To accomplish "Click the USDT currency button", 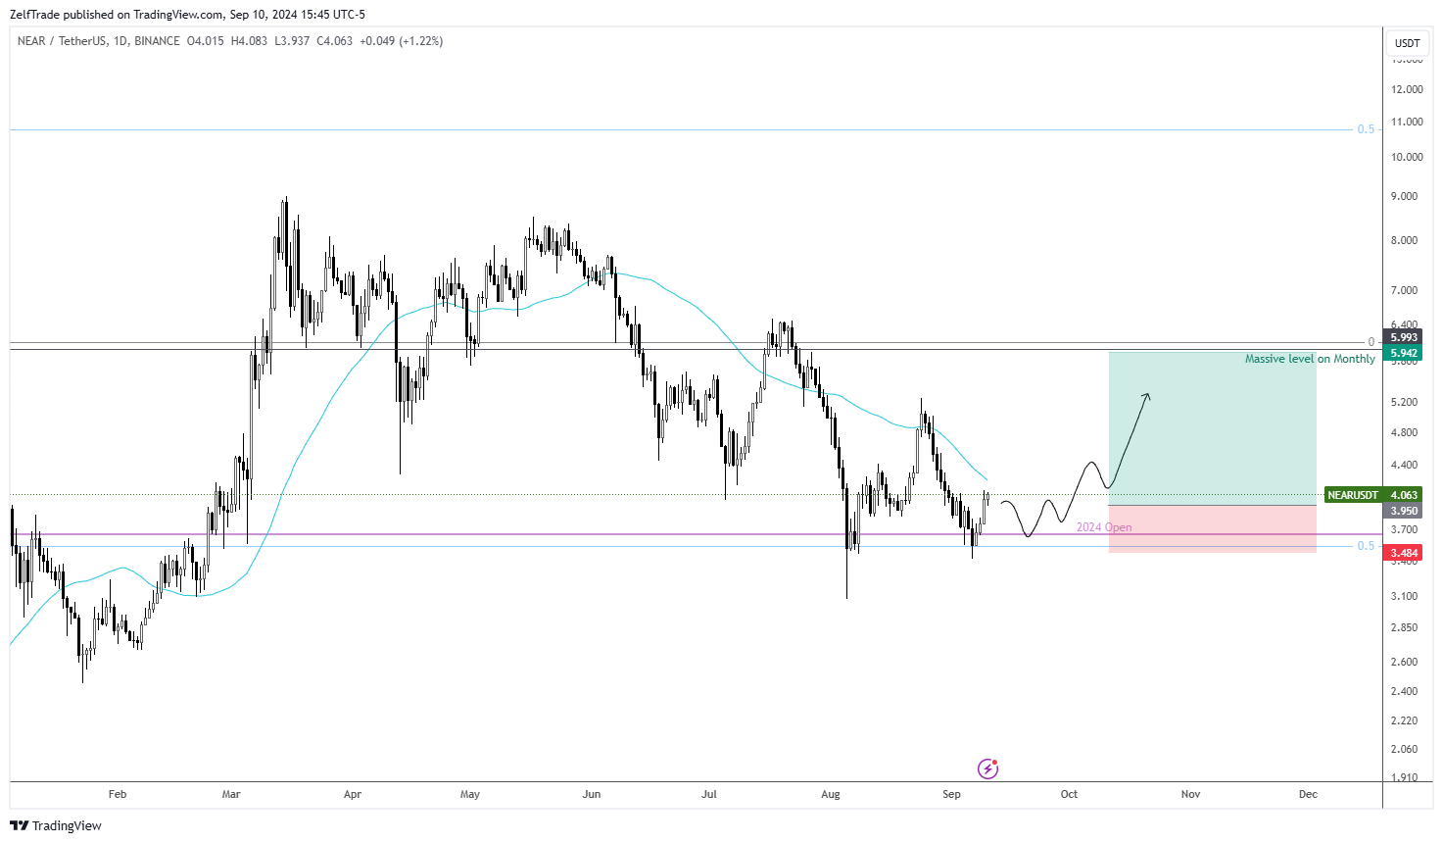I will pos(1407,43).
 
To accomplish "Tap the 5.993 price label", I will pos(1403,337).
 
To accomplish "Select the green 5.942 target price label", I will pos(1403,353).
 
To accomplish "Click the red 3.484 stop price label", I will pos(1403,553).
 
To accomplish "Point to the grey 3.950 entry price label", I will pos(1403,511).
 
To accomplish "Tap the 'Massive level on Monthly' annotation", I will pos(1310,359).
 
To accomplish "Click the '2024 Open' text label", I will pos(1104,527).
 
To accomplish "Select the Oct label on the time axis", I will pos(1069,794).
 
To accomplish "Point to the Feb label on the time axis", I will pos(118,794).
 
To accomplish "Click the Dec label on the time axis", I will pos(1308,794).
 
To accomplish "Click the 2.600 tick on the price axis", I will pos(1403,662).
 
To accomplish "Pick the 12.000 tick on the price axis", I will pos(1407,89).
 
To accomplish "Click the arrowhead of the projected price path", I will pos(1146,395).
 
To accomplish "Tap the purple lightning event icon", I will pos(987,769).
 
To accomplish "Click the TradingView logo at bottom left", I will pos(56,825).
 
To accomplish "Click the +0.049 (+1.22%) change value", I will pos(402,41).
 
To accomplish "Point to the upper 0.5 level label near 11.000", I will pos(1366,129).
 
